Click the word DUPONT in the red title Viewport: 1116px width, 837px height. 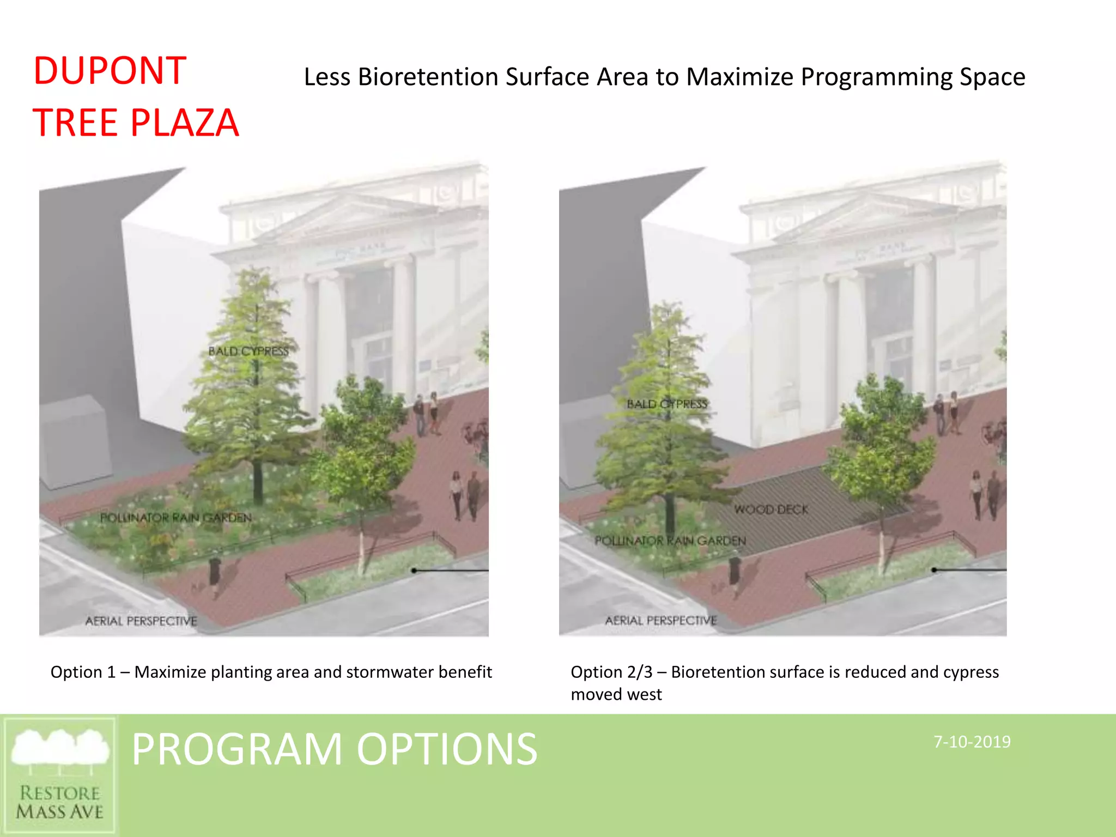[x=110, y=71]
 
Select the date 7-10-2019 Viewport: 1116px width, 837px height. [x=972, y=742]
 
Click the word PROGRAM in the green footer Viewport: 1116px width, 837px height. [x=236, y=749]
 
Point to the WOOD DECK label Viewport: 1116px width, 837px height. [x=771, y=510]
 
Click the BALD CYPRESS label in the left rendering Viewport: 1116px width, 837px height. [x=248, y=351]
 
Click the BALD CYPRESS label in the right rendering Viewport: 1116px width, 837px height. [x=666, y=404]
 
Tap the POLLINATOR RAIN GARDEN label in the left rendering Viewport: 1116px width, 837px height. [x=175, y=518]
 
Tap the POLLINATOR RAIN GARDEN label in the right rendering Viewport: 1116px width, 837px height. [x=670, y=541]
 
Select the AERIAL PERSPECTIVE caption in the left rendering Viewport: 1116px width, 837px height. [x=141, y=621]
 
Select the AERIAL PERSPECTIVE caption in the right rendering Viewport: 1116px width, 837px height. [x=660, y=621]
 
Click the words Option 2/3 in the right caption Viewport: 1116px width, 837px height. [x=611, y=672]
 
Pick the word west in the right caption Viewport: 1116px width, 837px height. [x=647, y=695]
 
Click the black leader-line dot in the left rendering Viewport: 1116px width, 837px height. [x=414, y=571]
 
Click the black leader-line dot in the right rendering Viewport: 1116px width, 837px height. [x=934, y=570]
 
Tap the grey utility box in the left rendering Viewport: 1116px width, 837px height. [x=74, y=444]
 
